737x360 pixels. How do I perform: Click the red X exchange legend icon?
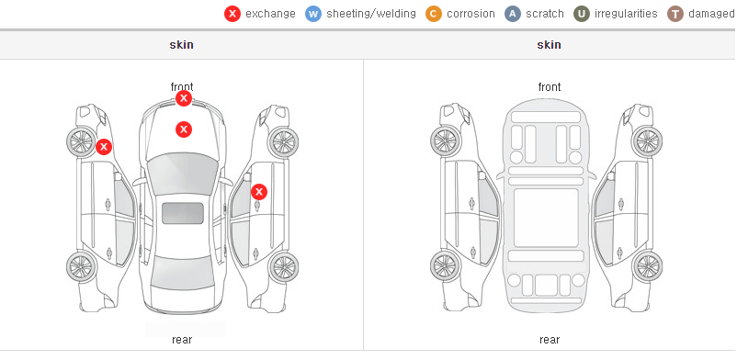point(232,14)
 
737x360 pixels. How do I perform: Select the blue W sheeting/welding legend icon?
point(313,14)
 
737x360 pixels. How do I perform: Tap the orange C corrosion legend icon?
point(434,14)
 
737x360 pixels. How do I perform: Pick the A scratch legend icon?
point(513,14)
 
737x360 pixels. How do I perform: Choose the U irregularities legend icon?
point(582,14)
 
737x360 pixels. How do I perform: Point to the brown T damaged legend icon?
point(675,14)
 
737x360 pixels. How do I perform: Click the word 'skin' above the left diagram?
point(181,45)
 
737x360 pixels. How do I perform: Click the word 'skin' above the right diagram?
point(549,45)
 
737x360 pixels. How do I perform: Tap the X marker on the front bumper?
point(184,98)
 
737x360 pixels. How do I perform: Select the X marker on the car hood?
point(184,129)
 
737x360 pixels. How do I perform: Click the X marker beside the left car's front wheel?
point(104,147)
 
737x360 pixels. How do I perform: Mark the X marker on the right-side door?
point(259,192)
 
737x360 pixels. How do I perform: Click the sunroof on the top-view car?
point(183,213)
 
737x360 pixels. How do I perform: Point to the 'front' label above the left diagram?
point(182,87)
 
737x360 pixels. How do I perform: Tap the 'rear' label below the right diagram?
point(550,340)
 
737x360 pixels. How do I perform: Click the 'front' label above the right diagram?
point(550,87)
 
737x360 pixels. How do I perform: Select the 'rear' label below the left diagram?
point(182,340)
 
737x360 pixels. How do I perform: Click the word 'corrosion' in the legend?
point(471,14)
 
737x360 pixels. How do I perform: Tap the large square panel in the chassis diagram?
point(546,218)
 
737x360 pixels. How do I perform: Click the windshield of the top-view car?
point(183,172)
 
